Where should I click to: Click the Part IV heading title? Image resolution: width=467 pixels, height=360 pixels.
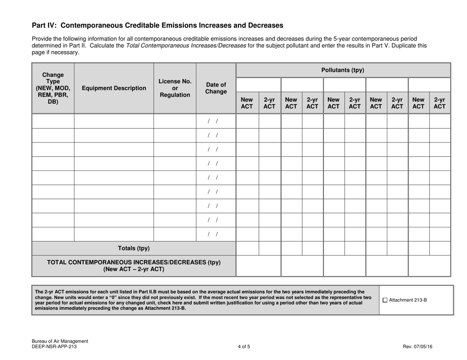[x=157, y=25]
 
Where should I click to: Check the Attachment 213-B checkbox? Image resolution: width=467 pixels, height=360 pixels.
[x=385, y=300]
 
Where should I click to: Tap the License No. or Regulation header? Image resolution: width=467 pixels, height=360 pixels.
[x=175, y=88]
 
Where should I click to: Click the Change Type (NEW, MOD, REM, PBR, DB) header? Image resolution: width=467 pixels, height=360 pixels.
[x=53, y=88]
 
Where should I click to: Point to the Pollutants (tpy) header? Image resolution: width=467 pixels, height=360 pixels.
[x=343, y=70]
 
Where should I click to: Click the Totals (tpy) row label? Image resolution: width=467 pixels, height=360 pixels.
[x=133, y=248]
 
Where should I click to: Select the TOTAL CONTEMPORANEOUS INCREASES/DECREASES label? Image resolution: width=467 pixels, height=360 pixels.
[x=133, y=266]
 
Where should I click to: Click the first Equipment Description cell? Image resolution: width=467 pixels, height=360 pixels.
[x=114, y=121]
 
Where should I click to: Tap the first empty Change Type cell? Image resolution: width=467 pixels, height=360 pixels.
[x=53, y=121]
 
